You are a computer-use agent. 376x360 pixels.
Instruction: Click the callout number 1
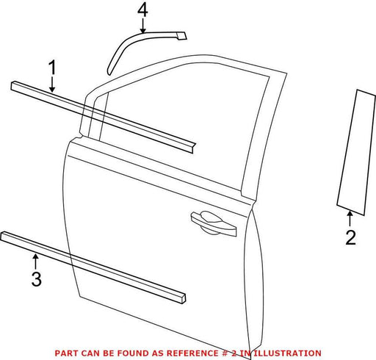52,68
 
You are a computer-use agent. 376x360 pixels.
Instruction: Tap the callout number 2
351,237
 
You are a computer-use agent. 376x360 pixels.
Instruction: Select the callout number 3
37,278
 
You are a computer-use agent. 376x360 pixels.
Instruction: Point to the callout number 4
142,10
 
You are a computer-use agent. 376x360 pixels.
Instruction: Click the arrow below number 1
52,84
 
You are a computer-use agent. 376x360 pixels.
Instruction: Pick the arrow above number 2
350,218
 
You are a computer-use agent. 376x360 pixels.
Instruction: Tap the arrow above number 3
36,262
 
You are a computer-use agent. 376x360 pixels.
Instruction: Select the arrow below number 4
143,26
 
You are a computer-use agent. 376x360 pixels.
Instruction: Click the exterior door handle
214,223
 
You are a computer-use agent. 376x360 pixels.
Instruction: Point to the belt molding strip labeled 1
103,117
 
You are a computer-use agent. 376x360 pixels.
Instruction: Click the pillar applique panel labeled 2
356,152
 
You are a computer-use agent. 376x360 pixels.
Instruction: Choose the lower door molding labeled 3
93,267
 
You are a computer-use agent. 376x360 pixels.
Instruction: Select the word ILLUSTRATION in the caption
287,353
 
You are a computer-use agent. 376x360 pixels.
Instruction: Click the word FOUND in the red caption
131,353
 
